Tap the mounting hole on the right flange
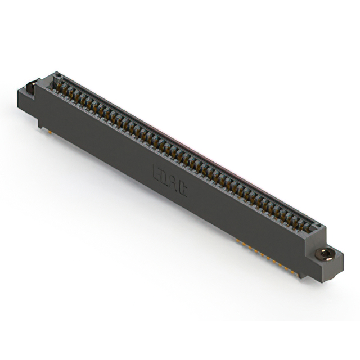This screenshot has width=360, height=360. [327, 254]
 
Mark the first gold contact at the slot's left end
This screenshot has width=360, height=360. [57, 85]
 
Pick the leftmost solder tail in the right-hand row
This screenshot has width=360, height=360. [238, 241]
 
